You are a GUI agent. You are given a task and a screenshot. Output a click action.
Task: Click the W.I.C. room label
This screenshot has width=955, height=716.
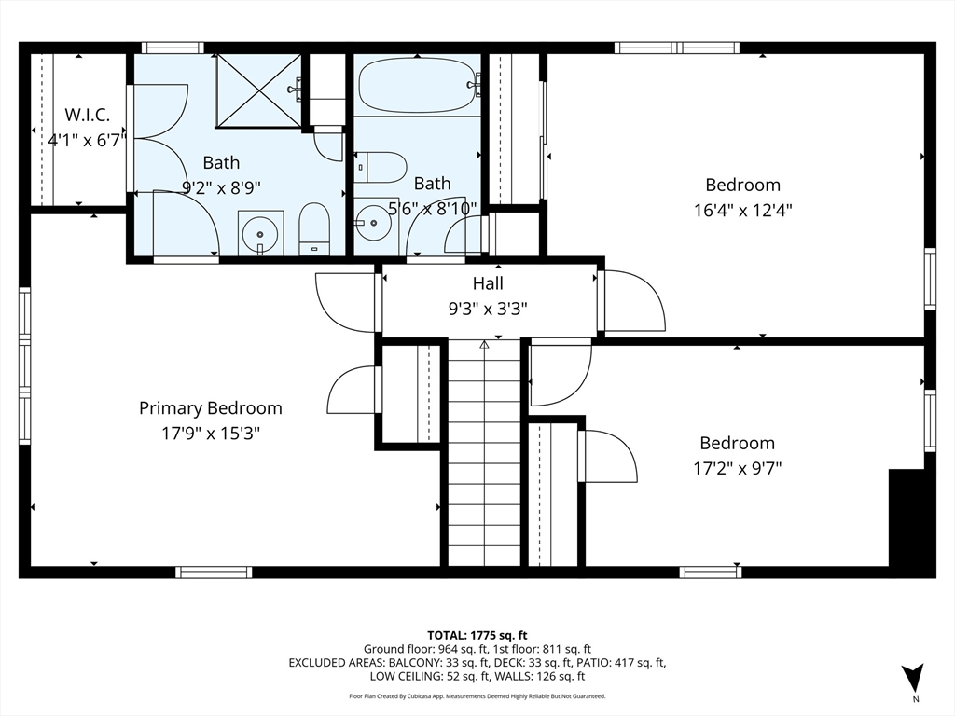pos(87,115)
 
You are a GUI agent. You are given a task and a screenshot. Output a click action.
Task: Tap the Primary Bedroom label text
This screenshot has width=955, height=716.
pos(211,408)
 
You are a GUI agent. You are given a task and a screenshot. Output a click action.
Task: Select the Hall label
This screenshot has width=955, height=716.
pos(488,283)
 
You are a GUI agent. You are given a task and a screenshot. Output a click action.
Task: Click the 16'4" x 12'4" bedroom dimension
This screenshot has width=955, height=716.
pos(742,211)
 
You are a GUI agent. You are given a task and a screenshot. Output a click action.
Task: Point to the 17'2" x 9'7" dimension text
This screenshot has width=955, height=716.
pos(737,469)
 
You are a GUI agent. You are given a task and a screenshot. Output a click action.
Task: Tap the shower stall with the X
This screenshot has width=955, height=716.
pos(259,90)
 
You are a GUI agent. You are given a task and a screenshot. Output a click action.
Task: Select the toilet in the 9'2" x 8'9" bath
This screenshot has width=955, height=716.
pos(314,229)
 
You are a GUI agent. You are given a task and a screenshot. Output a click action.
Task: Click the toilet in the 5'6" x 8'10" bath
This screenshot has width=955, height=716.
pos(381,168)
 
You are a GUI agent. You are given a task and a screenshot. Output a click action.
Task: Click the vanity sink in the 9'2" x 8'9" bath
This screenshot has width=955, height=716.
pos(261,233)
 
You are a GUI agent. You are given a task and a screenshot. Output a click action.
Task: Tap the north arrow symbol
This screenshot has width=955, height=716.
pos(912,678)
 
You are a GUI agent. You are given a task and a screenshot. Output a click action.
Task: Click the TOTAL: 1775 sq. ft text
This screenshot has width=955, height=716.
pos(477,636)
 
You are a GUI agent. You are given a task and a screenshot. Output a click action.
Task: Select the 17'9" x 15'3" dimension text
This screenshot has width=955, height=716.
pos(211,434)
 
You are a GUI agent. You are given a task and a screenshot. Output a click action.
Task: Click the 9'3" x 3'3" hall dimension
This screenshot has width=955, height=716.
pos(488,310)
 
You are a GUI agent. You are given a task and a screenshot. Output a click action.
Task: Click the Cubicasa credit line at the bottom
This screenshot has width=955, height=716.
pos(477,695)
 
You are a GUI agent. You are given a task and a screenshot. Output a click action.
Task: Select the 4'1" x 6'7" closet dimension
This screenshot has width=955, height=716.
pos(87,141)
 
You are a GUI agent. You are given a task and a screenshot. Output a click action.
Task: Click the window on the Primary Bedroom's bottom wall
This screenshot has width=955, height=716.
pos(214,571)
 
